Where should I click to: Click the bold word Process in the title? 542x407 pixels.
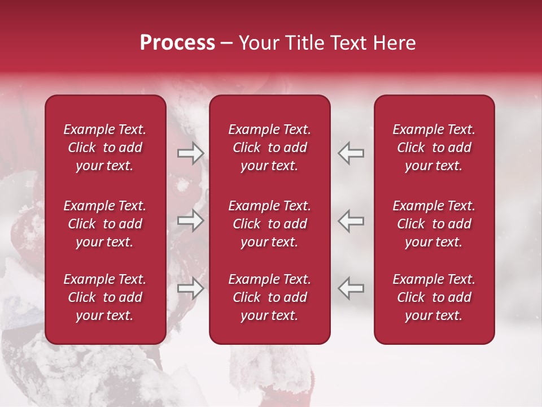tap(177, 43)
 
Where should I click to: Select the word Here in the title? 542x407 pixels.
tap(395, 43)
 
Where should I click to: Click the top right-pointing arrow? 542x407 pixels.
tap(190, 153)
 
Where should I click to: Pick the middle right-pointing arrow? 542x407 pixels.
tap(190, 220)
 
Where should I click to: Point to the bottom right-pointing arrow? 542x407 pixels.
tap(190, 288)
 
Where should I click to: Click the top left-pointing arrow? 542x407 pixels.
tap(351, 153)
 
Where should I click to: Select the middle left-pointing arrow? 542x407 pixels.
tap(351, 220)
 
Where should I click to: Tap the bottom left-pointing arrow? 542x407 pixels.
tap(351, 288)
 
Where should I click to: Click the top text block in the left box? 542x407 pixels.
tap(105, 148)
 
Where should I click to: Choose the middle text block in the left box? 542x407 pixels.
tap(105, 224)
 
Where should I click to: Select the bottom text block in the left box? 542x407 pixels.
tap(105, 297)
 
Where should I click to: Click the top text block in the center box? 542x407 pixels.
tap(270, 148)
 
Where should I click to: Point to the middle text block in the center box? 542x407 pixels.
tap(270, 224)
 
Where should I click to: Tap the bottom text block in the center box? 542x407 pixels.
tap(270, 297)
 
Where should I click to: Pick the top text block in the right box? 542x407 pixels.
tap(434, 148)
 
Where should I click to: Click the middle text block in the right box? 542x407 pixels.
tap(434, 224)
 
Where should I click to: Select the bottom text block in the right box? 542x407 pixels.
tap(434, 297)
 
